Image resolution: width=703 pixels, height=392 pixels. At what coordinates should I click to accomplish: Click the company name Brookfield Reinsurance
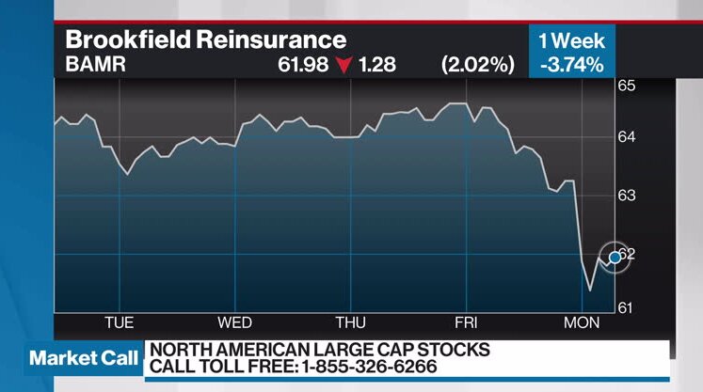(205, 40)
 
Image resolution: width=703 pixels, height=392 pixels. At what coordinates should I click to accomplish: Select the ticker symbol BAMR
(96, 65)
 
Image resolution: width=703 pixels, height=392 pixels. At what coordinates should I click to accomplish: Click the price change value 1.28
(377, 65)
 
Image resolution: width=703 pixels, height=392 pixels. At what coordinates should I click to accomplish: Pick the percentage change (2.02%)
(478, 65)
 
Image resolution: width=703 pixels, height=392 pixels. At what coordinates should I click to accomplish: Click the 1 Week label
(571, 40)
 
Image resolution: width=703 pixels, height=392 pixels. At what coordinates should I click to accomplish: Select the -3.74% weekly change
(571, 65)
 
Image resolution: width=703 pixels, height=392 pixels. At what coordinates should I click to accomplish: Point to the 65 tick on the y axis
(627, 86)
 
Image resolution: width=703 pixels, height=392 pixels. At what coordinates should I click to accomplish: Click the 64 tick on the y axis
(627, 137)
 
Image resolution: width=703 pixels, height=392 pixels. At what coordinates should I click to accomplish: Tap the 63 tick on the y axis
(627, 196)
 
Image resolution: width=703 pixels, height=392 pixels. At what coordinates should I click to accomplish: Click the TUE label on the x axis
(119, 322)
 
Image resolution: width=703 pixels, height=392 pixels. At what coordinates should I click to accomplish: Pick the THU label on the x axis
(350, 322)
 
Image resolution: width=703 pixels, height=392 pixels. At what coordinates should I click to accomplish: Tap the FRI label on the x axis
(466, 322)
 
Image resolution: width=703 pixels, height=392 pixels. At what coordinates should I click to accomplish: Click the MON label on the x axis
(582, 322)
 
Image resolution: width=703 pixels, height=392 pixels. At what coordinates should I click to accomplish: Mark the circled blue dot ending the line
(615, 257)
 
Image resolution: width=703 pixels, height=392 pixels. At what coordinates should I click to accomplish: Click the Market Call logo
(84, 358)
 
